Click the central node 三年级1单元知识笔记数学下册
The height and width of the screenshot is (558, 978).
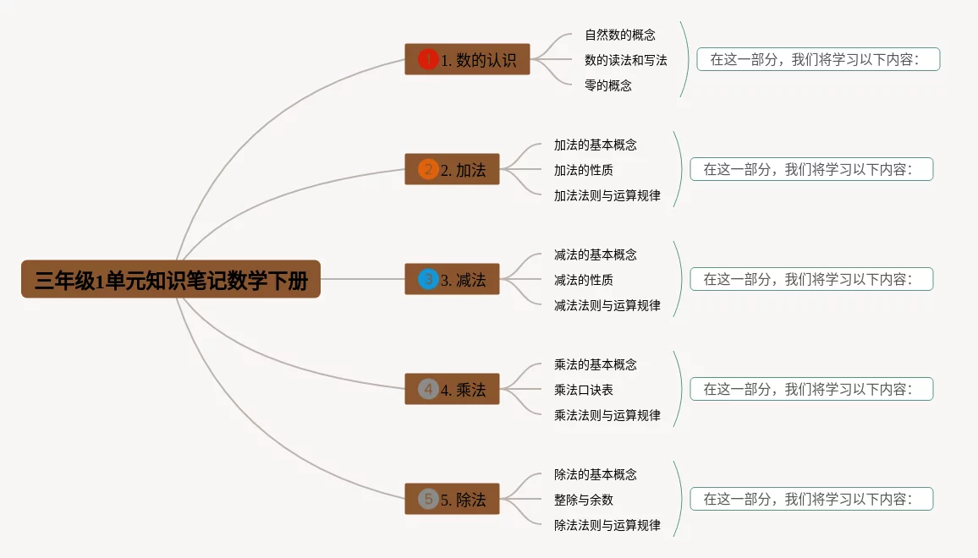[171, 279]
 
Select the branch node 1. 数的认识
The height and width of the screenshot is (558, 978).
[467, 59]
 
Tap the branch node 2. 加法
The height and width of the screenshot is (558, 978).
[452, 169]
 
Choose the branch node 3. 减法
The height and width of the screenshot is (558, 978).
[452, 279]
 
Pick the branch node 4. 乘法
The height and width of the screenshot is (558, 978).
[452, 389]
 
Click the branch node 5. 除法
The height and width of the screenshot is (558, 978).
[452, 499]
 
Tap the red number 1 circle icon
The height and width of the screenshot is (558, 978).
[428, 59]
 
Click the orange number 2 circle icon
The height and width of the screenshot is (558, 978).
[428, 169]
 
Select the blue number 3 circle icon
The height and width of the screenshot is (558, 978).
[428, 279]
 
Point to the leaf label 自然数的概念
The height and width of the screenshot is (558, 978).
[620, 35]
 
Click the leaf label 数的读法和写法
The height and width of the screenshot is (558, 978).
[626, 60]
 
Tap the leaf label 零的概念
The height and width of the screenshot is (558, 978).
[608, 85]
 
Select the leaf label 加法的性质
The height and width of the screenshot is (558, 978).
[584, 170]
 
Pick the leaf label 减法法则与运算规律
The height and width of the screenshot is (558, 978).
[607, 305]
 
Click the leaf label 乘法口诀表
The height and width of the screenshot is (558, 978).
[584, 390]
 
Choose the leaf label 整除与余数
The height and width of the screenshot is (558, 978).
[584, 500]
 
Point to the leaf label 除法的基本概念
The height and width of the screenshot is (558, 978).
[596, 474]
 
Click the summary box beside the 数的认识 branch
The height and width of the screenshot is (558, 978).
[818, 59]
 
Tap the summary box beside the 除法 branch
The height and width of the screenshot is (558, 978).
[811, 499]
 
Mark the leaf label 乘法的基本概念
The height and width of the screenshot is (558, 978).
[596, 364]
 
